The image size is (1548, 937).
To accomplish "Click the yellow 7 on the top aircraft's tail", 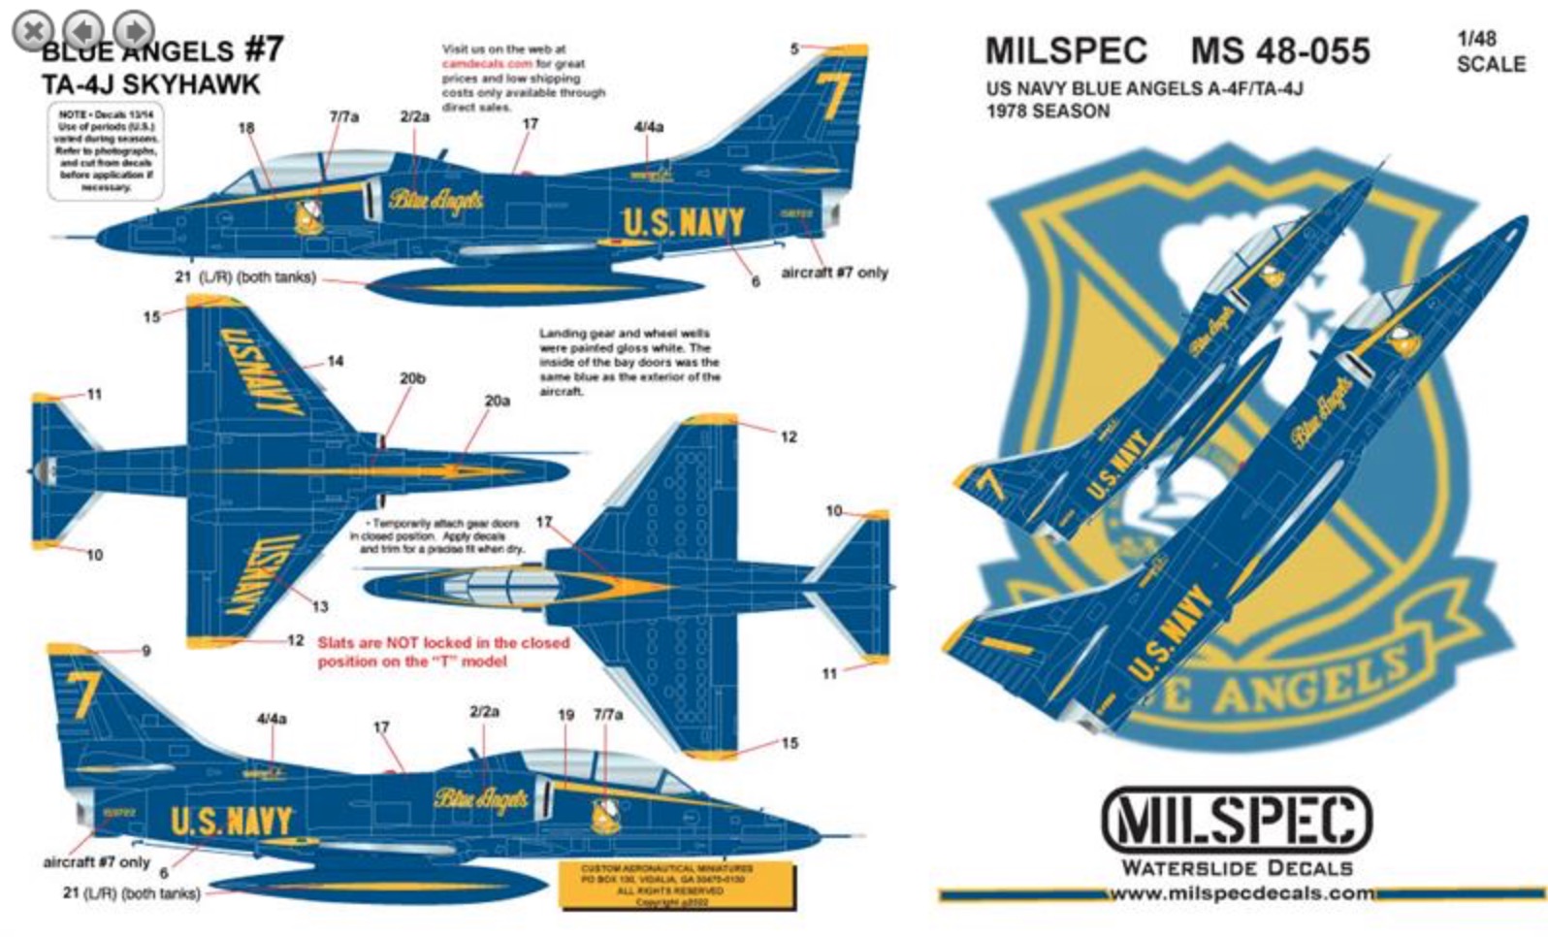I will tap(832, 96).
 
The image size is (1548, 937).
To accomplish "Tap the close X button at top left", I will tap(34, 30).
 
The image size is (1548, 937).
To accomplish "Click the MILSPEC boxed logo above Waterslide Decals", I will tap(1237, 821).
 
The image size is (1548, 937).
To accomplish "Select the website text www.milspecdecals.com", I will tap(1242, 893).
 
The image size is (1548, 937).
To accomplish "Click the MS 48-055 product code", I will tap(1280, 50).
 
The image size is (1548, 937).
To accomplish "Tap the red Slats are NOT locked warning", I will tap(443, 652).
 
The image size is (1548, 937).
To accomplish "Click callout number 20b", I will tap(412, 378).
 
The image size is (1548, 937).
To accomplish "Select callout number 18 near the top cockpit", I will tap(246, 128).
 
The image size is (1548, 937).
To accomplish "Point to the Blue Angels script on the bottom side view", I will tap(482, 798).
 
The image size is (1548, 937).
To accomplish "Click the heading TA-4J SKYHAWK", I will tap(150, 84).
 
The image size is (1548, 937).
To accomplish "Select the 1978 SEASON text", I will tap(1048, 111).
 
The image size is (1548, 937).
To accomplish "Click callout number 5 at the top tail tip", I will tap(794, 48).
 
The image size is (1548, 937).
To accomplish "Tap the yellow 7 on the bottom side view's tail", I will tap(83, 695).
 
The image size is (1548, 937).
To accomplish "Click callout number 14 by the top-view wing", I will tap(335, 361).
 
